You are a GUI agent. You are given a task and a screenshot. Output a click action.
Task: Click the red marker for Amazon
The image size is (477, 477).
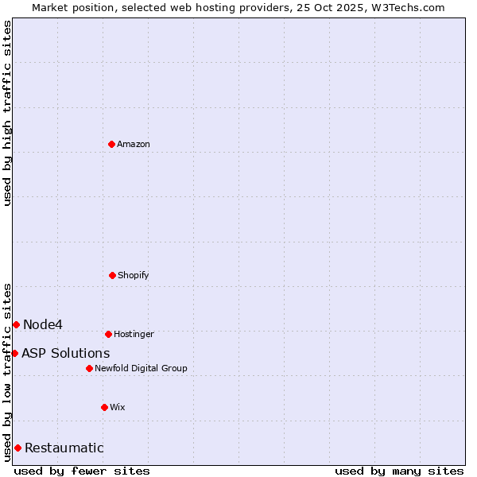[112, 144]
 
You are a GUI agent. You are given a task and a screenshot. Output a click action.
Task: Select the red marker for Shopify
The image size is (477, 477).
[112, 275]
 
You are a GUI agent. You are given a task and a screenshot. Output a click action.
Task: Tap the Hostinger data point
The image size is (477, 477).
[108, 334]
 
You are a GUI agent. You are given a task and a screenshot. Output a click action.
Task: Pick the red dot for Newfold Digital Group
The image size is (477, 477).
[89, 368]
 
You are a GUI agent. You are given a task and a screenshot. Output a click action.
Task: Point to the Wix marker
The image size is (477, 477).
[104, 407]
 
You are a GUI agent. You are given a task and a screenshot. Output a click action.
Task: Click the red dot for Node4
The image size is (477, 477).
[16, 324]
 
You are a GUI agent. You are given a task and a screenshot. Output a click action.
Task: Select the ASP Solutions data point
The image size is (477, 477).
[14, 353]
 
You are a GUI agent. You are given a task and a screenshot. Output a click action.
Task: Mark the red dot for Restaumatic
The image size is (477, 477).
[17, 448]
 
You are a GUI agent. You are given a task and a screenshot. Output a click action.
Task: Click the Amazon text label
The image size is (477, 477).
[134, 144]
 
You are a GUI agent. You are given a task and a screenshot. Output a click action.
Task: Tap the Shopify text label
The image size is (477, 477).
[134, 275]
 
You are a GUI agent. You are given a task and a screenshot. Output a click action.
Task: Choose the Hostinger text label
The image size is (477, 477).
[134, 334]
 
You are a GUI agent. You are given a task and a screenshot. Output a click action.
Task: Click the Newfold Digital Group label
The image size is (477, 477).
[141, 368]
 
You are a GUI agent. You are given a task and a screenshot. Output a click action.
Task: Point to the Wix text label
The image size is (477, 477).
[118, 407]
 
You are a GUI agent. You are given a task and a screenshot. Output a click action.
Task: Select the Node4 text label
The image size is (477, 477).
[43, 324]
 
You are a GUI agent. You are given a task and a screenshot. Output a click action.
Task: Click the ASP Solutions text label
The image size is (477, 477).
[66, 353]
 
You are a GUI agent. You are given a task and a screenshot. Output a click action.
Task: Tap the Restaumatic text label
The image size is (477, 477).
[64, 448]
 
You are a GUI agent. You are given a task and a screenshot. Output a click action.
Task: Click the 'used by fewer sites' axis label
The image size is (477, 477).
[82, 471]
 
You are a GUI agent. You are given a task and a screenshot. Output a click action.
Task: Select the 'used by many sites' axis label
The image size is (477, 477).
[399, 471]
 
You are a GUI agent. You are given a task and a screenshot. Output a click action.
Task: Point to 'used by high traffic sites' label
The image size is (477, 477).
[7, 113]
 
